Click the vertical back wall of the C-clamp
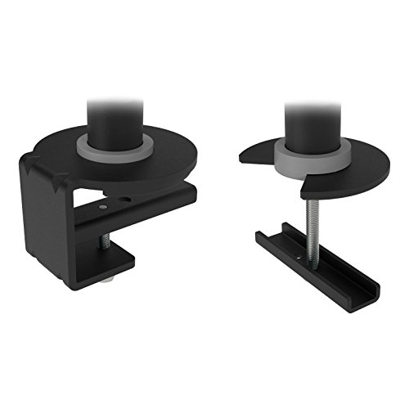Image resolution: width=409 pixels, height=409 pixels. tap(45, 229)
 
